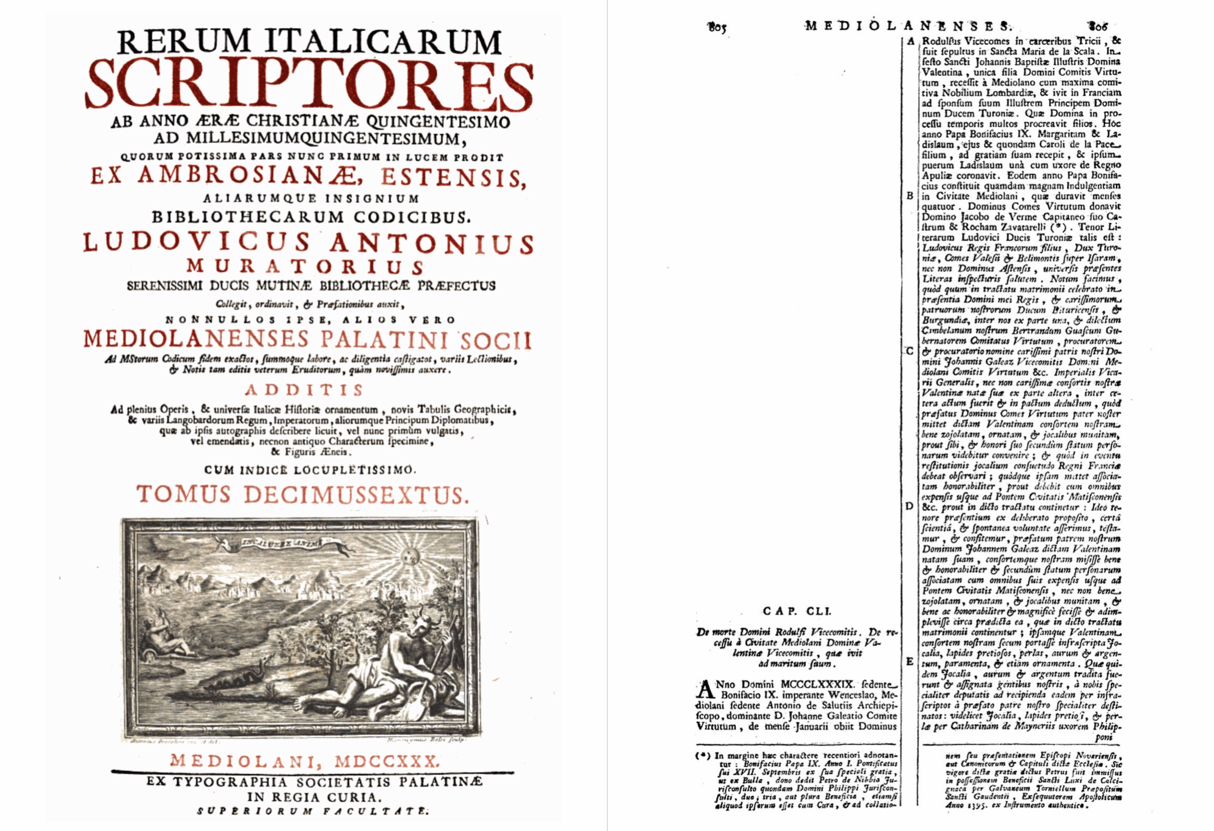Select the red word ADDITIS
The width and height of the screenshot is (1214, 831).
pos(304,390)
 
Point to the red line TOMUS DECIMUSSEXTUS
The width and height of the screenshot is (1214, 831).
pos(302,495)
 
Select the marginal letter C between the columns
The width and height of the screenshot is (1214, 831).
pos(909,351)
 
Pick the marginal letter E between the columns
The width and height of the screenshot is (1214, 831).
pos(909,661)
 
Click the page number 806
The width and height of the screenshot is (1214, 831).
pos(1097,25)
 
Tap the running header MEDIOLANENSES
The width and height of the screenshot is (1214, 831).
pos(907,25)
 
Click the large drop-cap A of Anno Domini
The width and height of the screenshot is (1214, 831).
pos(706,690)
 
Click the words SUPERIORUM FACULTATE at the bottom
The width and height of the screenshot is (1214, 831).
pos(313,811)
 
